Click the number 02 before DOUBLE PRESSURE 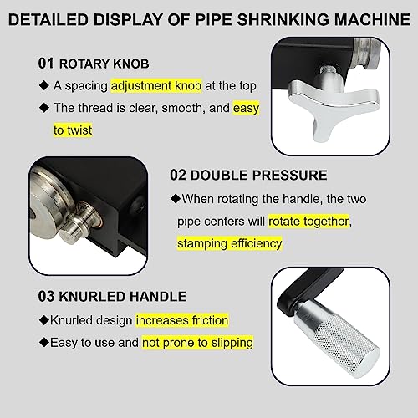point(179,176)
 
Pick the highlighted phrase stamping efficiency point(229,243)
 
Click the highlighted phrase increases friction point(182,320)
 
